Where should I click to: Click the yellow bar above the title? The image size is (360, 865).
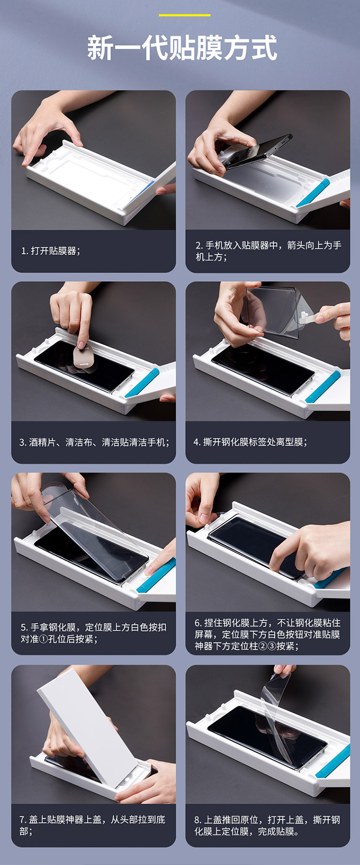click(x=185, y=15)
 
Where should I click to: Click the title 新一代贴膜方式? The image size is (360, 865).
click(x=182, y=47)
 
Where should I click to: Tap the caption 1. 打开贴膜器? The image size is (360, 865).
click(x=51, y=251)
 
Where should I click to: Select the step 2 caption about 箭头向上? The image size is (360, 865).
click(x=268, y=251)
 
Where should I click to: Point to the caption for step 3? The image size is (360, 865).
click(x=95, y=442)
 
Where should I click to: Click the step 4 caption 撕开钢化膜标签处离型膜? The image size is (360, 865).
click(x=251, y=442)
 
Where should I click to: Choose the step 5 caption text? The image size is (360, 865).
click(x=94, y=633)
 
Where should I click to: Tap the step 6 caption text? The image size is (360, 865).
click(x=267, y=634)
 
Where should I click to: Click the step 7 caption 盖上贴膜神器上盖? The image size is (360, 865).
click(x=92, y=825)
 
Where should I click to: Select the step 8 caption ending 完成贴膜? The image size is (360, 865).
click(x=267, y=825)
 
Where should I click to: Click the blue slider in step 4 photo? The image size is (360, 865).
click(x=323, y=386)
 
